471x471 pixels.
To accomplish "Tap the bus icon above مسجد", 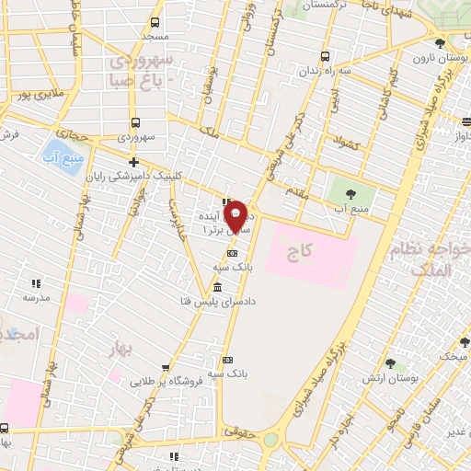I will tap(154, 23).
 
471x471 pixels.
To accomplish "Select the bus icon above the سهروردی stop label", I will tap(136, 122).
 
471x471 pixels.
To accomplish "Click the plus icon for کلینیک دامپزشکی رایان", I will tap(134, 163).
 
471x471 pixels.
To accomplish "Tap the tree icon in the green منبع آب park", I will tap(350, 194).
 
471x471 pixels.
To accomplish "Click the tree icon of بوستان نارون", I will tap(440, 43).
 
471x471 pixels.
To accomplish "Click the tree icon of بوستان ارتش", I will tap(390, 364).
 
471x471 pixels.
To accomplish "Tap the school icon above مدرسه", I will tap(37, 283).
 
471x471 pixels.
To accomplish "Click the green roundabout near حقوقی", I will tap(270, 440).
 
